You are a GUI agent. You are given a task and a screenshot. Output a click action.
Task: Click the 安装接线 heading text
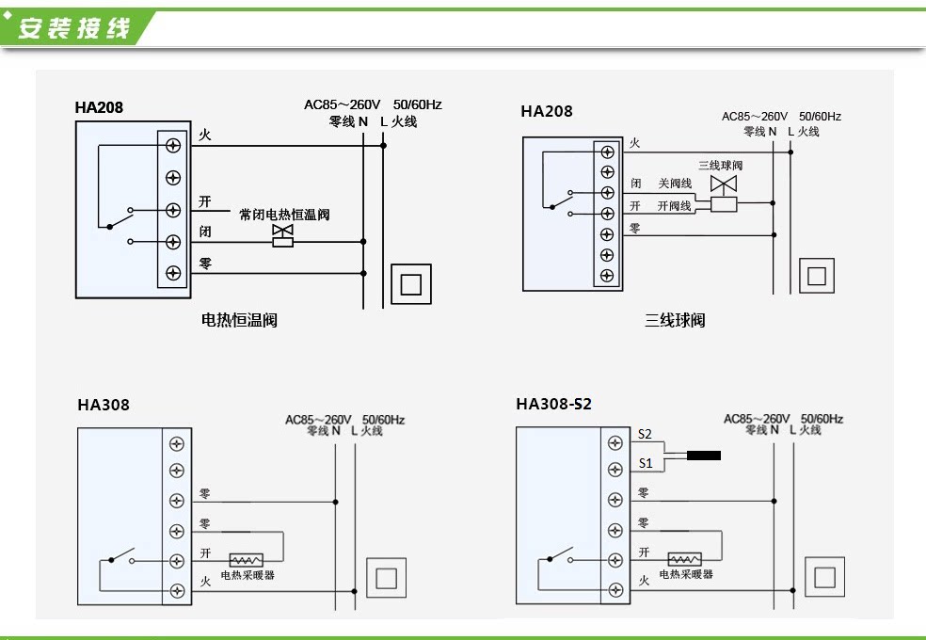[x=73, y=28]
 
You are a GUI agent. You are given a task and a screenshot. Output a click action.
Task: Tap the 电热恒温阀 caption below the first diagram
[x=239, y=320]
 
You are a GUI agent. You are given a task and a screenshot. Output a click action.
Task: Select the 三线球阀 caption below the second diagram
[x=675, y=320]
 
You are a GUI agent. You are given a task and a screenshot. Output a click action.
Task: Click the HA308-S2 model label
[x=553, y=404]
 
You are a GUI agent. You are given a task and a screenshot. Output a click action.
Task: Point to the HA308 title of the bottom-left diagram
[x=104, y=405]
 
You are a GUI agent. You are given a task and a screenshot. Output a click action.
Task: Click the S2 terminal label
[x=645, y=434]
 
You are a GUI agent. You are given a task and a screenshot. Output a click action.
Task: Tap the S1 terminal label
[x=645, y=463]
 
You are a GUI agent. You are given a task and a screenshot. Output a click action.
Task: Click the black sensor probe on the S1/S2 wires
[x=703, y=456]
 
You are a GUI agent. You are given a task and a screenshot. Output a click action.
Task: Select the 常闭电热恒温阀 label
[x=284, y=215]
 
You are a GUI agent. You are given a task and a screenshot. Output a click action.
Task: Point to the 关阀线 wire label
[x=675, y=184]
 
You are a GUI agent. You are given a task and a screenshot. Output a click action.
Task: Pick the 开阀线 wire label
[x=674, y=205]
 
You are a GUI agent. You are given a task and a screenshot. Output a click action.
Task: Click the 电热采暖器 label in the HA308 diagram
[x=247, y=574]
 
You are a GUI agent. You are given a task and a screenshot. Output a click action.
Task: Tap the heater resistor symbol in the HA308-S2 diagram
[x=684, y=559]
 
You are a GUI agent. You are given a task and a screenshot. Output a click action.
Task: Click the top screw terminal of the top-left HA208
[x=173, y=145]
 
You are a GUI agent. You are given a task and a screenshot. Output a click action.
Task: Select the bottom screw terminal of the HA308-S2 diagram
[x=615, y=590]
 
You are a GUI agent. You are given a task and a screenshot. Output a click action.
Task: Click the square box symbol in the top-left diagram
[x=411, y=283]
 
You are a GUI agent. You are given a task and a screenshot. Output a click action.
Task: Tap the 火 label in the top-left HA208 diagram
[x=205, y=136]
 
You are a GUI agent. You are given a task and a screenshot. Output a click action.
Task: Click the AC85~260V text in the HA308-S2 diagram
[x=756, y=419]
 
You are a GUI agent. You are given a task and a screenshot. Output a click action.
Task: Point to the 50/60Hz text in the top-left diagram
[x=417, y=104]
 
